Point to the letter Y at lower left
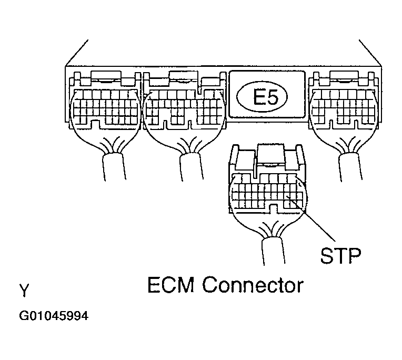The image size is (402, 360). click(24, 290)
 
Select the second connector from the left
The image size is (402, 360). click(184, 108)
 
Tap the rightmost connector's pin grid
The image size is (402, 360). click(345, 108)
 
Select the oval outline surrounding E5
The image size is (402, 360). click(243, 97)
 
